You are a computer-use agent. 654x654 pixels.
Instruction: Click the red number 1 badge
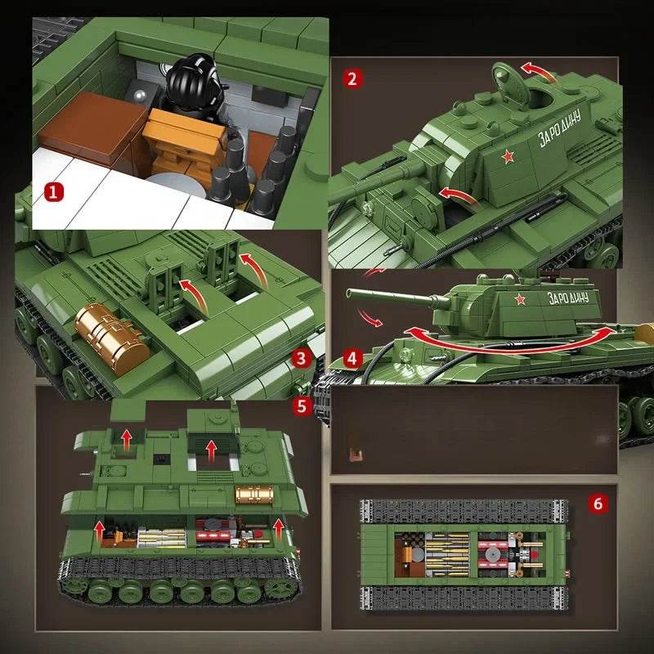[54, 193]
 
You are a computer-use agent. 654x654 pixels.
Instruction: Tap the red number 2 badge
[352, 79]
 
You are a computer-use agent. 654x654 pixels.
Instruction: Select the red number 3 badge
[301, 357]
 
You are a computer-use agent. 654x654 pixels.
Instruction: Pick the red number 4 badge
[352, 357]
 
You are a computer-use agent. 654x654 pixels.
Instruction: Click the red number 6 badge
[598, 504]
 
